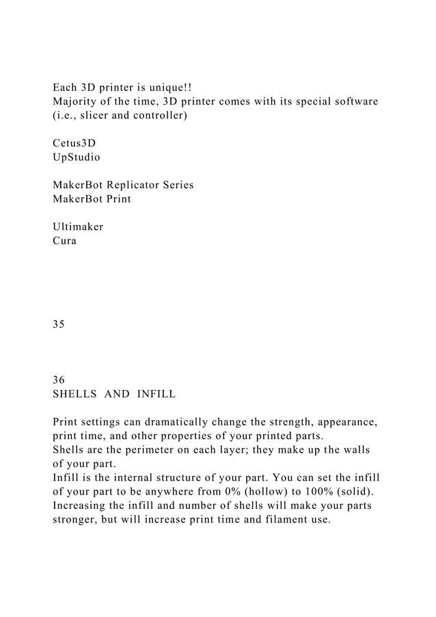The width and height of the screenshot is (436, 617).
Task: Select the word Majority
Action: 77,102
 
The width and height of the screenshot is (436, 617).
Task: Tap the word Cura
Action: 65,241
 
